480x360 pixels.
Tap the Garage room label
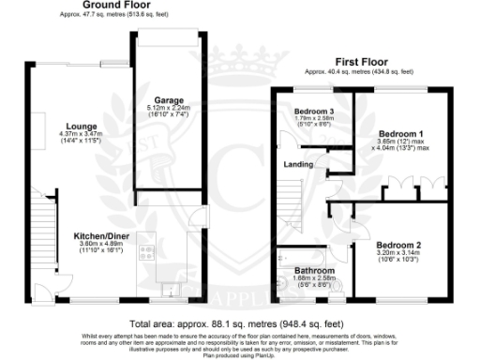pos(169,99)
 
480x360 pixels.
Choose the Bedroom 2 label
pos(398,245)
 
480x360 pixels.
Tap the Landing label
pos(299,165)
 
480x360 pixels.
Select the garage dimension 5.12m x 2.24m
pos(169,108)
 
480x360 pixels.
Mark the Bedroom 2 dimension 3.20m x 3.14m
pos(398,253)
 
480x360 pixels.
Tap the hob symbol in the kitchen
pos(147,252)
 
